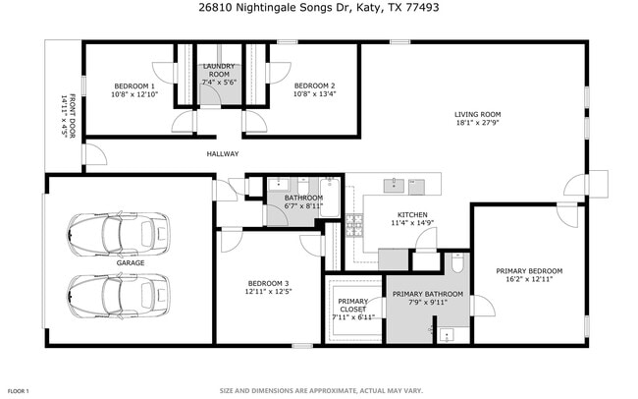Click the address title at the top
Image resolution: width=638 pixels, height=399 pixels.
coord(319,9)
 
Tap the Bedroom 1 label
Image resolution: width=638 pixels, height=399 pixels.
coord(133,85)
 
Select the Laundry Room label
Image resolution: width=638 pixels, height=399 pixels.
coord(217,71)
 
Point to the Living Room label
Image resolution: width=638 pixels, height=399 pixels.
coord(477,114)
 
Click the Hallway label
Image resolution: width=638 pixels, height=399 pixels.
coord(223,153)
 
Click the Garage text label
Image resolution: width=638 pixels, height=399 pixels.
coord(131,263)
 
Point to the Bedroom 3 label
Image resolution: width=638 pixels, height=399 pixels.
coord(266,283)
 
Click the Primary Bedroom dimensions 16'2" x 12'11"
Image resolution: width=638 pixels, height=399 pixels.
coord(529,279)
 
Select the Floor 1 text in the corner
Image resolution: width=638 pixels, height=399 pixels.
coord(17,390)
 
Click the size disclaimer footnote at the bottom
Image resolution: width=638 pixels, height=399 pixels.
coord(319,390)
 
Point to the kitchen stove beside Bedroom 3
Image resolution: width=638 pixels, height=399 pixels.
coord(354,232)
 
